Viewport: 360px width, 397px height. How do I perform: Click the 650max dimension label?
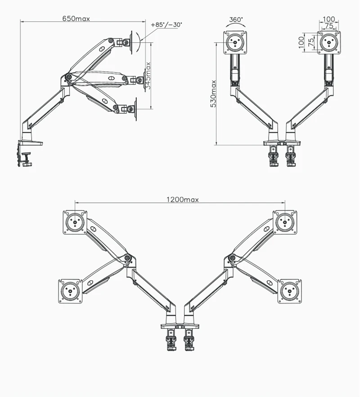tap(76, 18)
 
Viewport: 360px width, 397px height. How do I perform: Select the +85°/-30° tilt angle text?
tap(167, 25)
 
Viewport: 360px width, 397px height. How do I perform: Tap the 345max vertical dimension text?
tap(148, 76)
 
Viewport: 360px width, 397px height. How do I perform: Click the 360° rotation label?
tap(235, 20)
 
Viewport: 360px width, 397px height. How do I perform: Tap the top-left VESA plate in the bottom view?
tap(75, 222)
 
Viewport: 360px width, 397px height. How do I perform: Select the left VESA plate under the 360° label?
tap(236, 42)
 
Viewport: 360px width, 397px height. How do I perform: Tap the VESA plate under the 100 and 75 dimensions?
tap(329, 42)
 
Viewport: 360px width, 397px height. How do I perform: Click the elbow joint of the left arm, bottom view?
tap(128, 258)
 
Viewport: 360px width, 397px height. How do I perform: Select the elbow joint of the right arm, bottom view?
tap(232, 257)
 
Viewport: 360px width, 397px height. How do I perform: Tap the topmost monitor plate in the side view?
tap(133, 42)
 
